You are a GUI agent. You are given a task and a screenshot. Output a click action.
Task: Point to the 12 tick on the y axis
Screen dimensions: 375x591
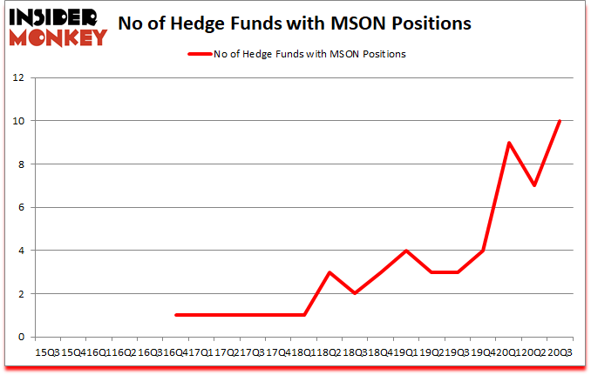[18, 77]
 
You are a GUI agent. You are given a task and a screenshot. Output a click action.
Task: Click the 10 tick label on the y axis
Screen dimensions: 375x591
[18, 121]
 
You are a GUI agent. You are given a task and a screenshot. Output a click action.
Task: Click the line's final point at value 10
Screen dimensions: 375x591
[560, 121]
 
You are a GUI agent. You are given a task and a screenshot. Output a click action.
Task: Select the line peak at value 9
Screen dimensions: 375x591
[508, 143]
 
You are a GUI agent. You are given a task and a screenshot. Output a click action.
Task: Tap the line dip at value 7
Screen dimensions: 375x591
[534, 185]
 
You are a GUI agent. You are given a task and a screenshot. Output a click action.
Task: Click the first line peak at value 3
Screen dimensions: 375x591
[329, 272]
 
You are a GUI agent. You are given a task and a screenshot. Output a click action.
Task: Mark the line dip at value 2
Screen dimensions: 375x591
[355, 293]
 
